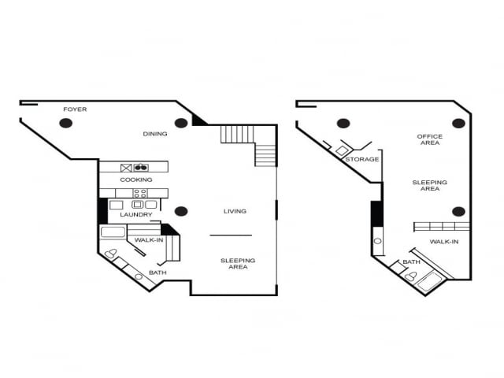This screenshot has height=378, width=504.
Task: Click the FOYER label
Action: click(75, 109)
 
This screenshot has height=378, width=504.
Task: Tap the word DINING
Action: click(155, 134)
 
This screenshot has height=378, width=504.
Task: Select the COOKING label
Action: click(136, 180)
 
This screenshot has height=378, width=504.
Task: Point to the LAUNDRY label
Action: click(136, 214)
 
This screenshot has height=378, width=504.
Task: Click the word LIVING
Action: click(235, 211)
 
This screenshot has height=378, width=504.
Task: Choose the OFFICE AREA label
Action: click(429, 140)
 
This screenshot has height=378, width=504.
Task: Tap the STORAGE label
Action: click(362, 159)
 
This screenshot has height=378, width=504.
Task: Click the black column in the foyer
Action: click(66, 123)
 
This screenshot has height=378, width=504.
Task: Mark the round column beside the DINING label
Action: click(181, 123)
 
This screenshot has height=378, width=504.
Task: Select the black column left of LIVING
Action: click(181, 211)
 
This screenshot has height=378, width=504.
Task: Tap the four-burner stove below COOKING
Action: click(140, 193)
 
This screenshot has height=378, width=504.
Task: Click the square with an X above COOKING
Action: click(126, 167)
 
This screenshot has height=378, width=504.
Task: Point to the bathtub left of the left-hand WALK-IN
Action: click(113, 232)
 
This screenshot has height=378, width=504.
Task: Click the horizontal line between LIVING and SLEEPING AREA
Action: click(231, 235)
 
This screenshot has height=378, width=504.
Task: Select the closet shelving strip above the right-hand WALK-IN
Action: click(442, 227)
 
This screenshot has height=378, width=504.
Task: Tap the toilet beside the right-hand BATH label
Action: click(410, 276)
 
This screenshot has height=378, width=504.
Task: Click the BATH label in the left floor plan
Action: click(157, 272)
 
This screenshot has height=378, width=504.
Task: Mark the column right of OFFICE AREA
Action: click(458, 123)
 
